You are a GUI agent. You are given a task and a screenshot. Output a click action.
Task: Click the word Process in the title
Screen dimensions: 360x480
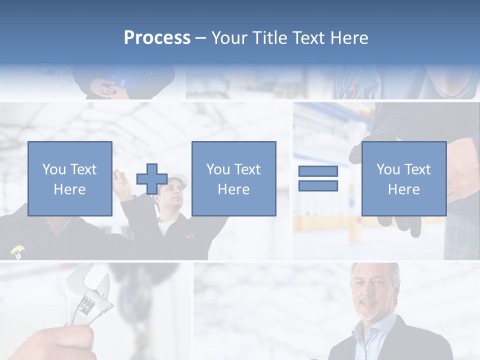click(x=157, y=38)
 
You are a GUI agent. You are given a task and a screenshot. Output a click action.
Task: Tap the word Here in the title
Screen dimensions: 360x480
click(x=349, y=38)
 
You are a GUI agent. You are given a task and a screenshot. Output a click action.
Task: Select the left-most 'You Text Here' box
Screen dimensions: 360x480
click(x=70, y=178)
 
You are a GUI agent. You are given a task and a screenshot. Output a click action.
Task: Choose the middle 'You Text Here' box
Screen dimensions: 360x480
click(x=233, y=178)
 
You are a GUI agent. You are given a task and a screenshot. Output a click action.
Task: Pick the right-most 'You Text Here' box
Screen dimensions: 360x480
click(x=403, y=178)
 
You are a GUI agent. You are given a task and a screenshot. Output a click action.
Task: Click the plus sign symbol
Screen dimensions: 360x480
click(x=152, y=179)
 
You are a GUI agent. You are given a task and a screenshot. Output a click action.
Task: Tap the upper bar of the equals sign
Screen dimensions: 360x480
click(x=318, y=171)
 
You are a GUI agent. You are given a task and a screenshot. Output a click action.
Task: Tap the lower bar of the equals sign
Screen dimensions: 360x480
click(x=318, y=185)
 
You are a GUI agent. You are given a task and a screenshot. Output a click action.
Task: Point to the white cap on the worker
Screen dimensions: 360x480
click(x=178, y=180)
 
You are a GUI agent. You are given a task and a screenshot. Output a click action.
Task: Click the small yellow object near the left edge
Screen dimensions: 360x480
click(x=16, y=250)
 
